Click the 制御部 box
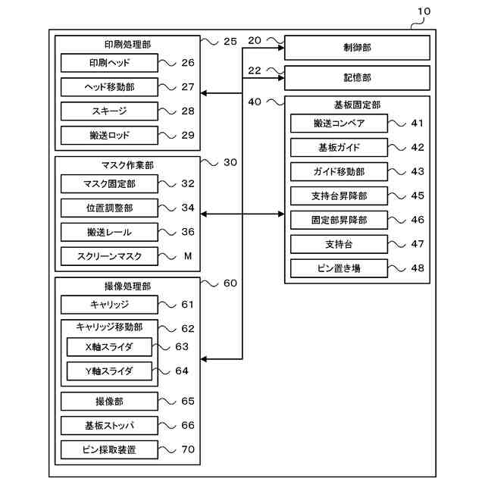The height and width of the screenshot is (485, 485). pos(357,48)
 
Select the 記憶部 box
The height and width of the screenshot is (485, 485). pos(357,78)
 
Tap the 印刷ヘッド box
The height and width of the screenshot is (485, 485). pos(109,63)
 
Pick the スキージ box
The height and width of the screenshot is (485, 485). pos(109,111)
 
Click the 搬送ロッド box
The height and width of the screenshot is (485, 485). pos(109,136)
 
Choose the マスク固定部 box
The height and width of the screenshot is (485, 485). pos(109,183)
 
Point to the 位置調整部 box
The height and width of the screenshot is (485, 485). pos(109,208)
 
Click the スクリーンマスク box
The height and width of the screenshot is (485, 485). pos(109,256)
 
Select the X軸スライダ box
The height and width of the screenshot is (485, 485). pos(109,347)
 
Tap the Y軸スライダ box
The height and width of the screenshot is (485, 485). pos(109,371)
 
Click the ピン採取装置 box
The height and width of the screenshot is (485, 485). pos(109,449)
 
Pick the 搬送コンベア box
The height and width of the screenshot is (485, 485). pos(339,124)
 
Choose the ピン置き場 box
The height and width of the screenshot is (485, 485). pos(339,268)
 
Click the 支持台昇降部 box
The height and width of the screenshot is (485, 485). pos(339,196)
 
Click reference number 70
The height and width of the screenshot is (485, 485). pos(188,449)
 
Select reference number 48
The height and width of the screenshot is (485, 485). pos(417,268)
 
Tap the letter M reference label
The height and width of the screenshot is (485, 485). pos(188,256)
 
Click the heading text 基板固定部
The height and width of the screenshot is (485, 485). pos(357,105)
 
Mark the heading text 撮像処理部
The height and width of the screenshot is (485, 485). pos(127,286)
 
